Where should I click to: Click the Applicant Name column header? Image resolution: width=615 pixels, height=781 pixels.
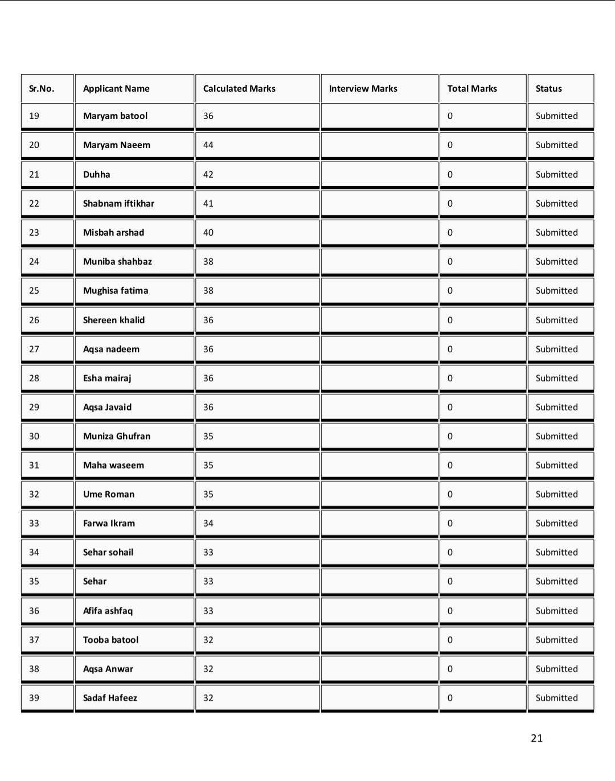tap(116, 88)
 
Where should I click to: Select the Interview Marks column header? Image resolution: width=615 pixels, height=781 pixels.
tap(363, 88)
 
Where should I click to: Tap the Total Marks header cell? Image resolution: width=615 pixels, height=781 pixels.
tap(472, 88)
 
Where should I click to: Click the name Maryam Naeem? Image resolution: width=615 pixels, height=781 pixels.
tap(117, 145)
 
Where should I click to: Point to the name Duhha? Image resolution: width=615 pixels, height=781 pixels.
tap(97, 174)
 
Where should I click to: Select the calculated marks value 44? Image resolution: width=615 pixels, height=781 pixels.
tap(208, 145)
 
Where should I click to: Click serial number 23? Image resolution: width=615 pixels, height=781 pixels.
tap(34, 232)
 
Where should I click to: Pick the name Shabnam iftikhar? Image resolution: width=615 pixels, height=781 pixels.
tap(118, 203)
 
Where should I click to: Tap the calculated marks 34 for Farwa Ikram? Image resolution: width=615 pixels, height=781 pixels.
tap(208, 523)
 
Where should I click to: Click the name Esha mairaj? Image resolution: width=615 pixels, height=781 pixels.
tap(107, 378)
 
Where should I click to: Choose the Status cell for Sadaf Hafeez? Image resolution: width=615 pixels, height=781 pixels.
tap(556, 698)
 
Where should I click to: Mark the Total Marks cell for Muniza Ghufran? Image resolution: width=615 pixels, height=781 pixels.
tap(450, 436)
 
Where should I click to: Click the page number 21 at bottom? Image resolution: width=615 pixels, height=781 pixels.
tap(536, 738)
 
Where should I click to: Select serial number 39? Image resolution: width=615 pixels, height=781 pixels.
tap(34, 698)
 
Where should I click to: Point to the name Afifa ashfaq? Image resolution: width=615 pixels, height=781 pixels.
tap(108, 611)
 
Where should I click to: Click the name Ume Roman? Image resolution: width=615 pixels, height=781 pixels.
tap(109, 494)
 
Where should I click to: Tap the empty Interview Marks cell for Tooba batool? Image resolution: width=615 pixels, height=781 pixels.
tap(379, 640)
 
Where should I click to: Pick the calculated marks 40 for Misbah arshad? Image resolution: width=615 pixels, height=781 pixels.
tap(208, 232)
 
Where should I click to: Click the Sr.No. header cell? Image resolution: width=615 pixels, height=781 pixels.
tap(42, 88)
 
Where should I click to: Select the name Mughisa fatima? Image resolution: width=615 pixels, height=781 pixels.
tap(116, 290)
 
